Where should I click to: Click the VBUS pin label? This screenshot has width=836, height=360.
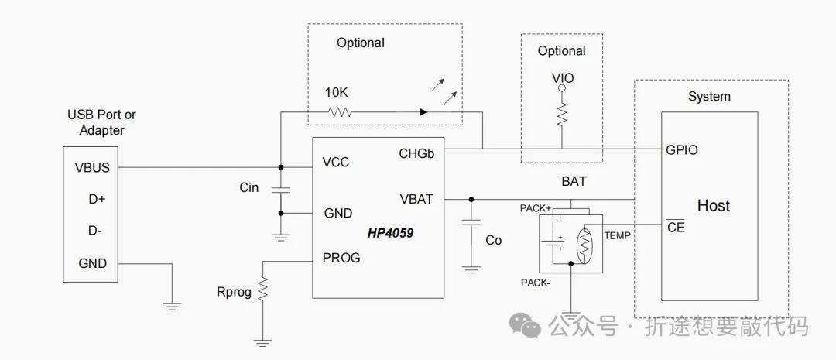point(92,167)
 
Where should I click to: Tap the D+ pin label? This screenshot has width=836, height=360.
point(97,200)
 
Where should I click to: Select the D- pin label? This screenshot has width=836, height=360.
point(95,231)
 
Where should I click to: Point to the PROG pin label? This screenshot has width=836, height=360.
point(341,258)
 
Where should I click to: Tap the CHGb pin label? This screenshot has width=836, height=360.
point(417,153)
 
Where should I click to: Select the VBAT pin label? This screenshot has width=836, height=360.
point(416,200)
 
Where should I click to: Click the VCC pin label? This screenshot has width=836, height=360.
point(336,162)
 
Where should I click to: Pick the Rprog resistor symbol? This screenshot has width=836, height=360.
point(262,290)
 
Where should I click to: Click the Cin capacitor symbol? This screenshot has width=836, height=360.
point(281,190)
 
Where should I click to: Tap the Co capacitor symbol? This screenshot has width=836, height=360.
point(471,224)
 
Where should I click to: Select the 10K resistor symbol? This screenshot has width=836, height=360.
point(340,112)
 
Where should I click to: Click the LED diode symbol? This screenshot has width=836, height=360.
point(423,112)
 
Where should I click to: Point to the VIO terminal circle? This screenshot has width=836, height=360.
point(561,87)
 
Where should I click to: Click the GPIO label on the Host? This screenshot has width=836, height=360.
point(681,150)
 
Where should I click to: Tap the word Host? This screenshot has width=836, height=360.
point(714,205)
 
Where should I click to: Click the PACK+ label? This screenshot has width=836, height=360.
point(536,208)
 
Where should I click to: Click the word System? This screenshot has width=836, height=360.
point(709,97)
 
